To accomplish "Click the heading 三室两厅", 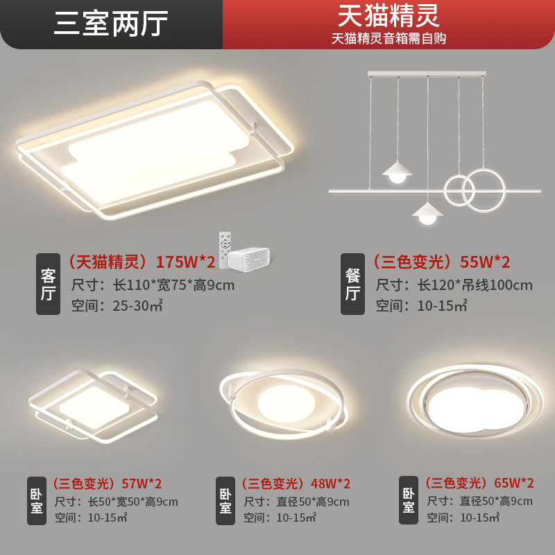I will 111,24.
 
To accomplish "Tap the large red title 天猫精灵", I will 388,15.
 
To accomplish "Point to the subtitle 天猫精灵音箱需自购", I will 388,38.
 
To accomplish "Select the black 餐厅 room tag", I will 352,284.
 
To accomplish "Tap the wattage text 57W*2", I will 142,484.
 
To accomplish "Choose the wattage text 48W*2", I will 330,484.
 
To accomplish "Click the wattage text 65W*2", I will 513,483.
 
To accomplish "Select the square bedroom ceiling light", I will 93,406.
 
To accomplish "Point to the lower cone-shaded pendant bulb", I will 427,214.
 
